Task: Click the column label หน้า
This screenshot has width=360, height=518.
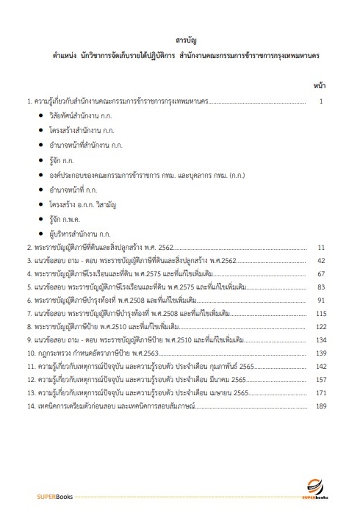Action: coord(320,85)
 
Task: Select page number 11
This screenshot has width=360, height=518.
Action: coord(321,248)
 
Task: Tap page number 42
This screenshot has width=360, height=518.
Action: coord(321,261)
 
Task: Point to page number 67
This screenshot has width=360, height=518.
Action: coord(321,274)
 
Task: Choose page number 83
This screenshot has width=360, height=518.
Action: coord(321,287)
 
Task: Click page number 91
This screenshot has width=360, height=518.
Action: coord(321,301)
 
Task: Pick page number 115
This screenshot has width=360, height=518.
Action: coord(321,314)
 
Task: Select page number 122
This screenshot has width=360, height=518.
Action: coord(321,327)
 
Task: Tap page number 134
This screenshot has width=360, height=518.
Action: coord(321,340)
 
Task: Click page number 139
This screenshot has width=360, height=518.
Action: coord(321,353)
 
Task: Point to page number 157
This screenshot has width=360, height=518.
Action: coord(321,380)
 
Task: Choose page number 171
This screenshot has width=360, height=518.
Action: coord(321,393)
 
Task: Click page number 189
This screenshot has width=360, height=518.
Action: coord(321,406)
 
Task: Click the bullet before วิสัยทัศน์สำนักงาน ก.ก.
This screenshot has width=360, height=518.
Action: coord(40,117)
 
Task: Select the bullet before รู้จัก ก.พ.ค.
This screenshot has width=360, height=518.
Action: coord(40,218)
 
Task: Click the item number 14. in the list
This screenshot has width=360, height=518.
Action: coord(31,406)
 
